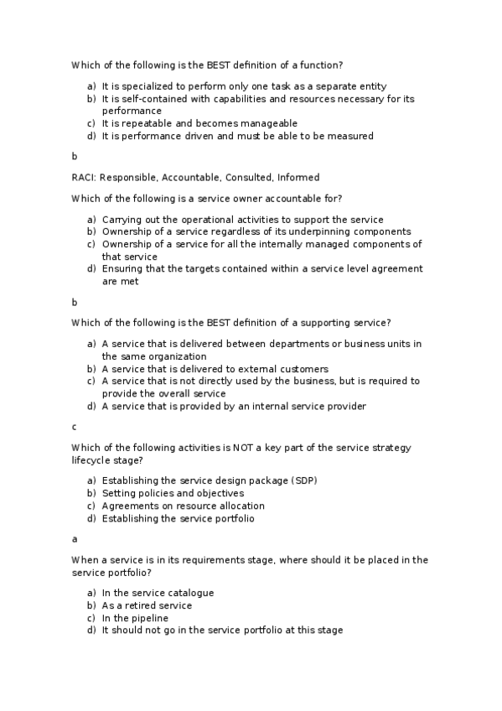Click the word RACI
pyautogui.click(x=83, y=178)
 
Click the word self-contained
pyautogui.click(x=143, y=99)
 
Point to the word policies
pyautogui.click(x=154, y=493)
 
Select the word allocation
pyautogui.click(x=240, y=506)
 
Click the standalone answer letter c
pyautogui.click(x=74, y=427)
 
